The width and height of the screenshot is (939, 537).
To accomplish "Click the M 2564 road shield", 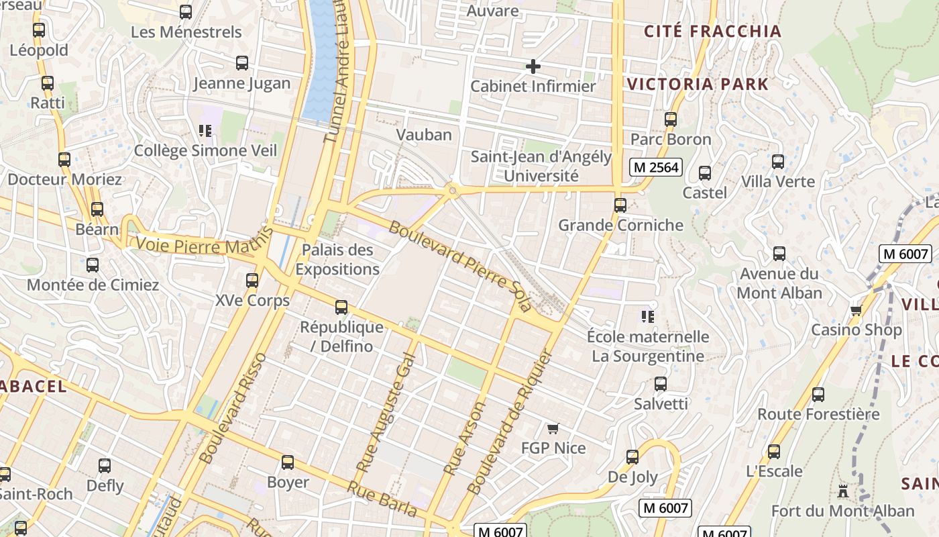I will coord(655,167).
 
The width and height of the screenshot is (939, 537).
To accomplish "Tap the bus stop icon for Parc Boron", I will coord(671,119).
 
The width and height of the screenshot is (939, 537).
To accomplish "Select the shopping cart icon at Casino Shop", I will coord(856,310).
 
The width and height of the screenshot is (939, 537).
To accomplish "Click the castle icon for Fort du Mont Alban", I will coord(843,491).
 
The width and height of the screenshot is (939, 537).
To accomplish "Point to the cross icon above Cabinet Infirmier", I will coord(533,66).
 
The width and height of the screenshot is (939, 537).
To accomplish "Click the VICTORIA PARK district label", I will coord(698,85).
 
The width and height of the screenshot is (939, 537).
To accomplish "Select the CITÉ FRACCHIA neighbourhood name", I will coord(713,32).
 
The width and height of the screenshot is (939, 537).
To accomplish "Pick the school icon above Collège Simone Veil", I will coord(205,130).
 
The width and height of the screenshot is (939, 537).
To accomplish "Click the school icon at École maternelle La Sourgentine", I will coord(647,315).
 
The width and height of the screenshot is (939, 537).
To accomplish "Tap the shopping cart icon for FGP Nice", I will coord(553,428).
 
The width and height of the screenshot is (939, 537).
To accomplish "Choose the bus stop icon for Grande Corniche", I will coord(620,205).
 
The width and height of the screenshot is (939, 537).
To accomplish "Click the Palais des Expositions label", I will coord(337,260).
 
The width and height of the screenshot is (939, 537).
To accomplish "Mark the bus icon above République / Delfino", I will coord(341,307).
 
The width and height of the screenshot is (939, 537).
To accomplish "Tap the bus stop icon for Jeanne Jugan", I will coord(242,63).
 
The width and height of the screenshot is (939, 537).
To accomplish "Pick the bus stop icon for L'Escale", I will coord(774,451).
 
